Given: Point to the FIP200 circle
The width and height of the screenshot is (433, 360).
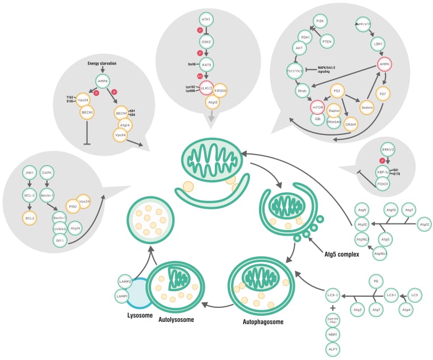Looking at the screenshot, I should (x=220, y=90).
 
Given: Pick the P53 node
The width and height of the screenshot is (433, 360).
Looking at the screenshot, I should (x=337, y=91).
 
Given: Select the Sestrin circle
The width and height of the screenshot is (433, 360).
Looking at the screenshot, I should (x=367, y=107).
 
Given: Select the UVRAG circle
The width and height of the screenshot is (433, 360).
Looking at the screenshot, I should (x=60, y=229).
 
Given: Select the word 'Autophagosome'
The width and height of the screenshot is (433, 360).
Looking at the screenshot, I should (x=263, y=322).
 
